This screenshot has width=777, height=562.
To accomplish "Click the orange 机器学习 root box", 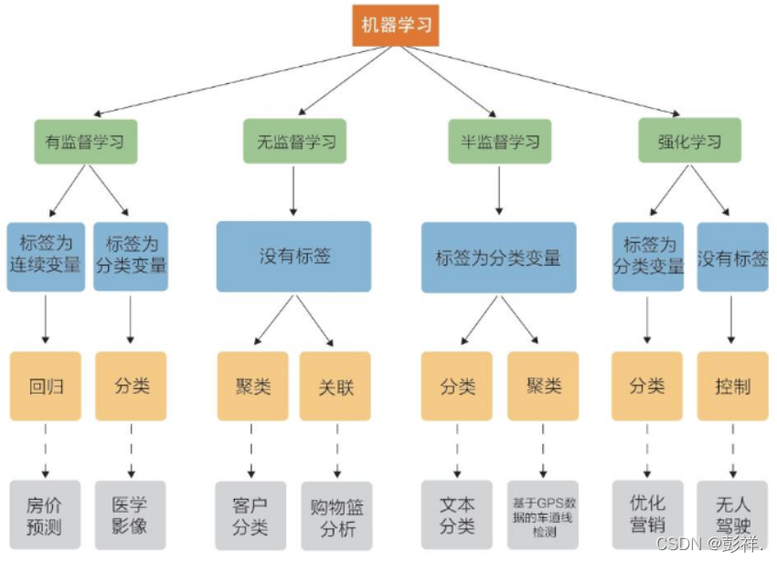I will pyautogui.click(x=396, y=26).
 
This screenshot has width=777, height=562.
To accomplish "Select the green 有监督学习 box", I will pyautogui.click(x=86, y=142).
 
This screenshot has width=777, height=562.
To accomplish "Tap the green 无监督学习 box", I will pyautogui.click(x=294, y=142).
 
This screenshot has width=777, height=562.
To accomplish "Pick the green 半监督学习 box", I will pyautogui.click(x=499, y=142).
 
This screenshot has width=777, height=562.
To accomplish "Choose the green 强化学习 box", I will pyautogui.click(x=688, y=142).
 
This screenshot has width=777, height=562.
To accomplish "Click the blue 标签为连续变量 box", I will pyautogui.click(x=46, y=256).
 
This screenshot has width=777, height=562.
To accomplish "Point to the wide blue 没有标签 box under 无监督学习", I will pyautogui.click(x=293, y=256).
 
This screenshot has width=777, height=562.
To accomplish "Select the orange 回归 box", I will pyautogui.click(x=46, y=386).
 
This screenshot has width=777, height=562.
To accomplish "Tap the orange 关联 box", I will pyautogui.click(x=335, y=386).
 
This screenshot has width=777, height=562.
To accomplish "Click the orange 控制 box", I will pyautogui.click(x=732, y=386).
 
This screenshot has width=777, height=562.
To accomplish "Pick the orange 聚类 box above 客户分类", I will pyautogui.click(x=252, y=386).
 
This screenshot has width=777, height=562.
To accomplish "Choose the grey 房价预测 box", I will pyautogui.click(x=46, y=514).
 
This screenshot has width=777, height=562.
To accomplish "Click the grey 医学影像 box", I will pyautogui.click(x=131, y=514).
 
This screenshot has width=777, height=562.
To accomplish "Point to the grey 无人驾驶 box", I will pyautogui.click(x=732, y=514).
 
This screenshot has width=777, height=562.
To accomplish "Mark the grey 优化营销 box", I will pyautogui.click(x=647, y=514).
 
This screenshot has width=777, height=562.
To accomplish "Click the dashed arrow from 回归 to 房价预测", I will pyautogui.click(x=46, y=450).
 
